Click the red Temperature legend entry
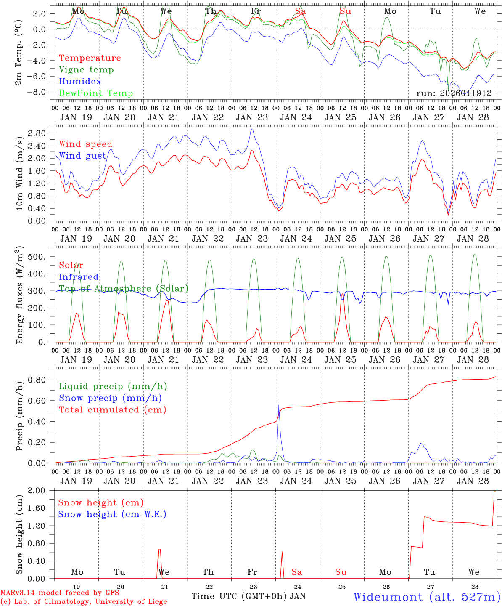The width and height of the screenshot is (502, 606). click(90, 58)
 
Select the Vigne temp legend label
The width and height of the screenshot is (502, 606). click(86, 70)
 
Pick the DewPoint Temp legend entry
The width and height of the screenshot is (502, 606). click(96, 93)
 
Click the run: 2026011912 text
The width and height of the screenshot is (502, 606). click(454, 93)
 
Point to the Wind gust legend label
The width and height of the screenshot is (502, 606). click(83, 156)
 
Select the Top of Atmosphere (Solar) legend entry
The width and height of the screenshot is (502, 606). click(124, 289)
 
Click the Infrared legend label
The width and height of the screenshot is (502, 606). click(79, 277)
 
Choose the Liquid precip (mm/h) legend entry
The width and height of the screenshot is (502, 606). click(113, 386)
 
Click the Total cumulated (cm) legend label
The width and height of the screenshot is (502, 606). click(113, 410)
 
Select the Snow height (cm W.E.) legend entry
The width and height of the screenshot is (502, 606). click(112, 514)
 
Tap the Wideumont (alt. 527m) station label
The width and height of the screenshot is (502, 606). click(427, 597)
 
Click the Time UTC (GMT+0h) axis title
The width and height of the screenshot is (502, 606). click(239, 596)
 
